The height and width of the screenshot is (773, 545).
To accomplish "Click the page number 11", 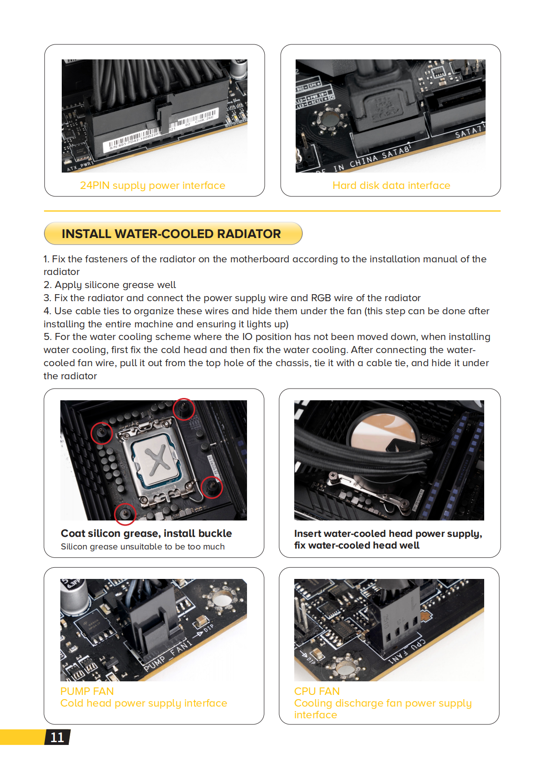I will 57,737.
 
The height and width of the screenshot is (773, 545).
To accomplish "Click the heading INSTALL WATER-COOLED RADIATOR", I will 171,234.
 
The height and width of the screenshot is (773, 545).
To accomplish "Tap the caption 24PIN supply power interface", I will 153,186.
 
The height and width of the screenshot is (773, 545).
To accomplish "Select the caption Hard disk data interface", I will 391,186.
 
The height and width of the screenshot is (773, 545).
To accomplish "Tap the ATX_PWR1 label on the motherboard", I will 80,166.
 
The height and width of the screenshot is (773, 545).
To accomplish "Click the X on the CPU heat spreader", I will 157,459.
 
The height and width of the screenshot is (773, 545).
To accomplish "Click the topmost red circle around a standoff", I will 184,409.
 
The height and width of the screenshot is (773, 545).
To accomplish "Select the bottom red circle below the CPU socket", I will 125,514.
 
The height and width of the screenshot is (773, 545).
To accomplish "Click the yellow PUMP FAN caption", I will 87,691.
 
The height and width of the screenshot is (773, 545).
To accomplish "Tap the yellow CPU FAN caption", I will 317,691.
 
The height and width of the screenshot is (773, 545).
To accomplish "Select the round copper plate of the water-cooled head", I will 384,433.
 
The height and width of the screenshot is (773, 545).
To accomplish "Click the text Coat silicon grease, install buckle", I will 146,534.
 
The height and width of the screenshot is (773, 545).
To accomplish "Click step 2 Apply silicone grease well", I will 110,285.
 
